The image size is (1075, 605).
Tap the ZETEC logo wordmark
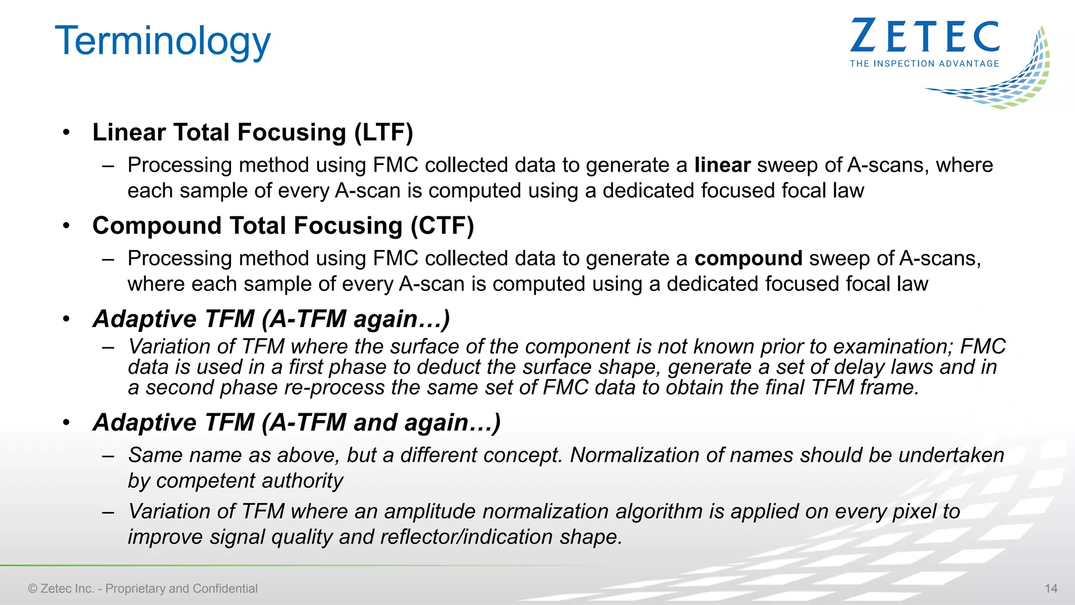click(x=924, y=36)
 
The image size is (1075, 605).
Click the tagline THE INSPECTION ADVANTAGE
click(x=924, y=64)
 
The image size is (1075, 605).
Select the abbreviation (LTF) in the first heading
click(x=384, y=132)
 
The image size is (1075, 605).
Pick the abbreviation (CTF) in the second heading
click(x=442, y=226)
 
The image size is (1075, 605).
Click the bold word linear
click(x=722, y=165)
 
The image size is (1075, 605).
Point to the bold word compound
click(x=749, y=259)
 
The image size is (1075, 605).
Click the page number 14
click(x=1051, y=589)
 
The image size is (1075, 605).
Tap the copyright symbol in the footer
click(x=33, y=589)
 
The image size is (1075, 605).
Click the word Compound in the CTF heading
click(x=157, y=226)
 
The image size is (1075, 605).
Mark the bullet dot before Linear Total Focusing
click(x=66, y=132)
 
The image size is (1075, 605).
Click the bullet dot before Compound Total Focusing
click(x=66, y=226)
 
